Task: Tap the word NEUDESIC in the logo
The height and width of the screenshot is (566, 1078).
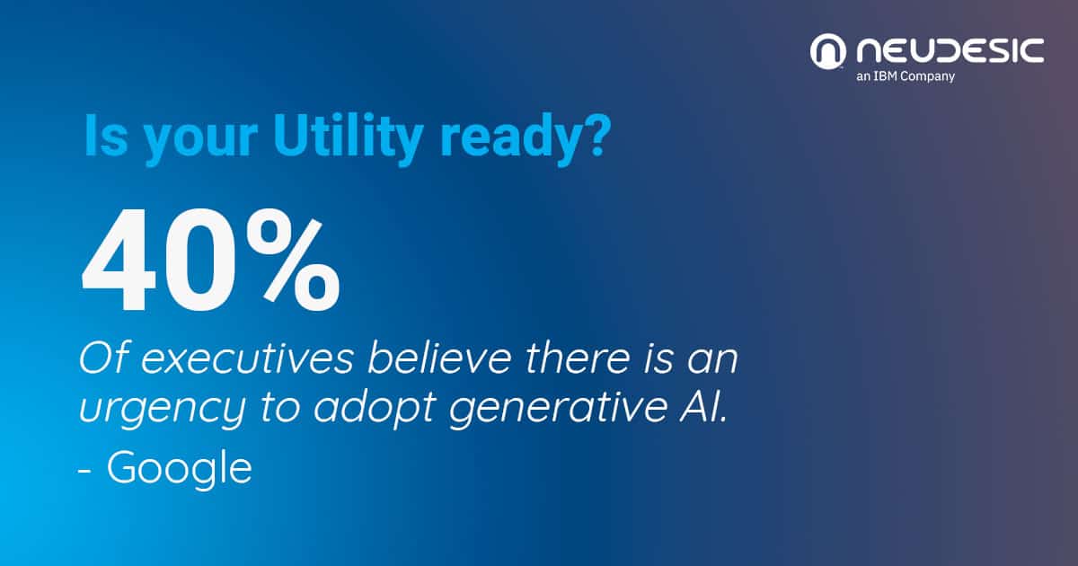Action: pyautogui.click(x=950, y=50)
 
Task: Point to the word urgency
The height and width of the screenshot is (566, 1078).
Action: pyautogui.click(x=162, y=411)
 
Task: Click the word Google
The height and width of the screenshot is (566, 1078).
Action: pyautogui.click(x=180, y=469)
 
